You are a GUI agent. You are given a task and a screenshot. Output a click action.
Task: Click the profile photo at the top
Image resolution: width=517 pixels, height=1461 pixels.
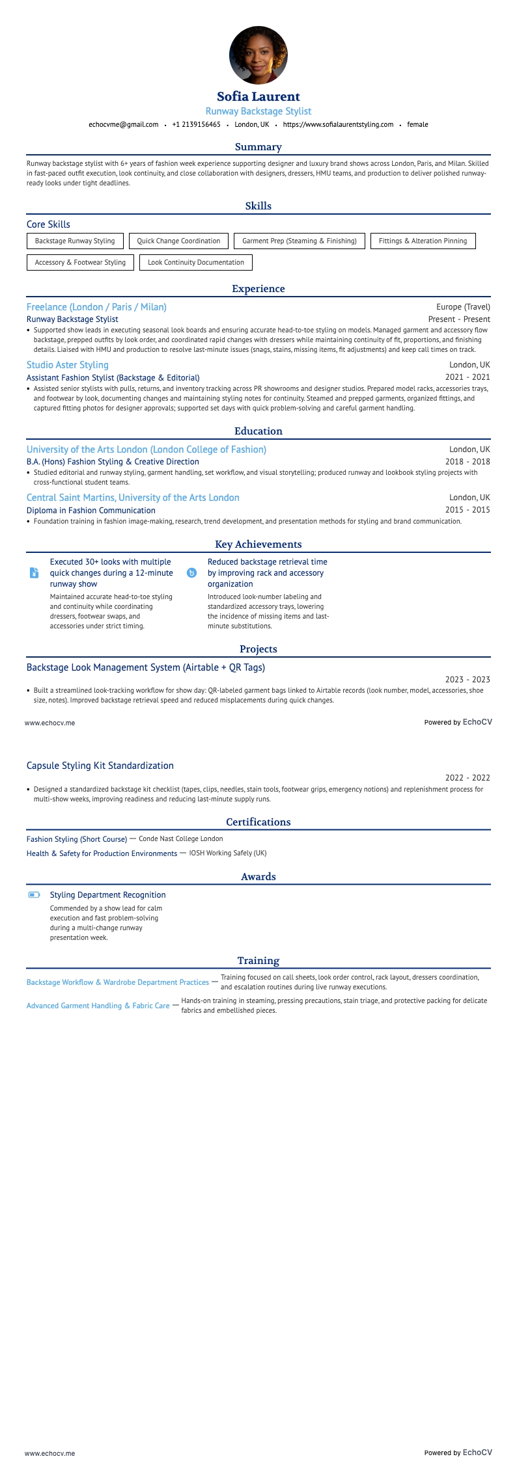point(258,55)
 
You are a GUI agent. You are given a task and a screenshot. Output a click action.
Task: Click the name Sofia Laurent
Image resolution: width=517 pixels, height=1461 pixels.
point(258,97)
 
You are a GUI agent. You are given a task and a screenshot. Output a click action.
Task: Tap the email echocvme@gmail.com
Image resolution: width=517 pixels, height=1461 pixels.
point(124,124)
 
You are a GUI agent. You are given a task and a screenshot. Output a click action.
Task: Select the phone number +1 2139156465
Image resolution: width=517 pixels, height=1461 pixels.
point(197,124)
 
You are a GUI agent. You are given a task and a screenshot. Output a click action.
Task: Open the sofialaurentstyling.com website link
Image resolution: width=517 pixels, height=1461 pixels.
point(338,124)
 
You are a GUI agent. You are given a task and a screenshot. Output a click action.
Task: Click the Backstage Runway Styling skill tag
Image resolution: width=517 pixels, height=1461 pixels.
point(75,241)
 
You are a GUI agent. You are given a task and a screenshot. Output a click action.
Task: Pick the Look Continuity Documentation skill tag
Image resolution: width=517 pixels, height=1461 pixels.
point(196,262)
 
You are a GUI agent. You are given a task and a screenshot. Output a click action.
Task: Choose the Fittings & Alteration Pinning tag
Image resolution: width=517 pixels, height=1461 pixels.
point(423,241)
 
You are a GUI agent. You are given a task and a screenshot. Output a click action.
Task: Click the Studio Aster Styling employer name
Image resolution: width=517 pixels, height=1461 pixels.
point(68,365)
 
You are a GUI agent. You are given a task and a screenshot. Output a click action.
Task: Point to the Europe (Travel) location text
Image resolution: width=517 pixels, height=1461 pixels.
point(463,307)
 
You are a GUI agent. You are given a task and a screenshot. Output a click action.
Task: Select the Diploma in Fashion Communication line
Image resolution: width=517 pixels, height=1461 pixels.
point(91,511)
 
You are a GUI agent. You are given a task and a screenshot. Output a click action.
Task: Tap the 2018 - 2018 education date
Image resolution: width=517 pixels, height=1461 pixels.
point(468,462)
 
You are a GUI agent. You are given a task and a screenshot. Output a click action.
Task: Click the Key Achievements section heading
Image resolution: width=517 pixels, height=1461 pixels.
point(258,544)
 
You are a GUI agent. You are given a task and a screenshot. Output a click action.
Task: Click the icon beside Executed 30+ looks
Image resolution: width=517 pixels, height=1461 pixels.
point(35,573)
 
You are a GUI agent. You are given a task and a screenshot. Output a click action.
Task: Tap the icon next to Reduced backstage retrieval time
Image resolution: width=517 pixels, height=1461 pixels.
point(191,573)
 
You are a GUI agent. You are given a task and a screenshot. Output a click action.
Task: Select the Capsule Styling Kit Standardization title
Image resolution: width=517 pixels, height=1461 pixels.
point(100,766)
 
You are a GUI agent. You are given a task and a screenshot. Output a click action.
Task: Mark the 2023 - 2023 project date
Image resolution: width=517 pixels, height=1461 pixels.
point(468,680)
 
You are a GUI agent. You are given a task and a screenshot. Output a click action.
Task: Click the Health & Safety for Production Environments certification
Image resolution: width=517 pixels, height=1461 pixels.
point(102,853)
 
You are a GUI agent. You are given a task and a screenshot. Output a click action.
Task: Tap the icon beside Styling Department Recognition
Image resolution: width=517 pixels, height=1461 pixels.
point(34,895)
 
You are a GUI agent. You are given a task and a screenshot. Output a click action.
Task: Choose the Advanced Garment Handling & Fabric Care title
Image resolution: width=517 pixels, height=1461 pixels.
point(98,1006)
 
